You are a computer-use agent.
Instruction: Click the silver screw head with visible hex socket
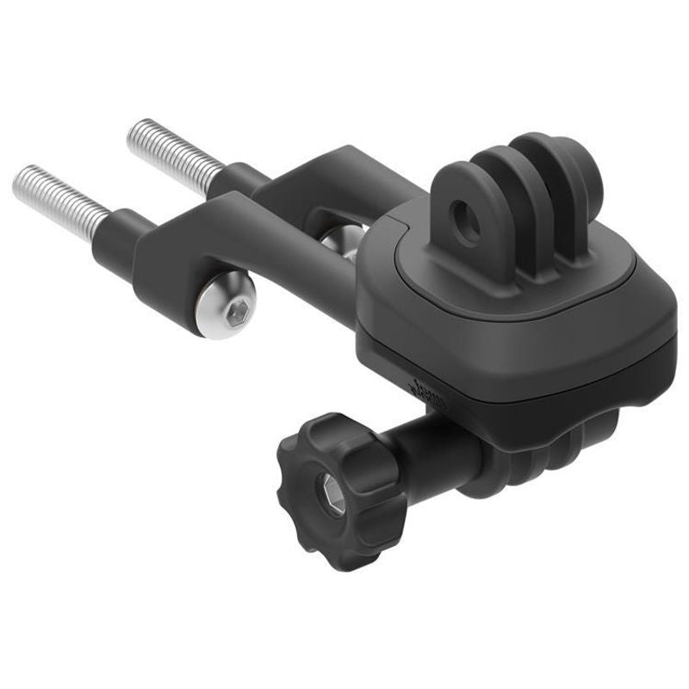tap(227, 308)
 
